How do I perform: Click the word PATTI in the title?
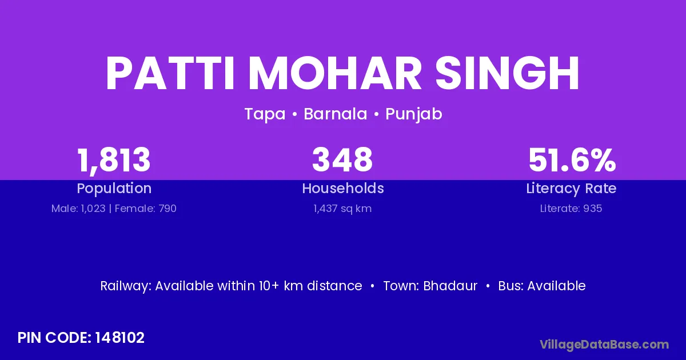tap(170, 74)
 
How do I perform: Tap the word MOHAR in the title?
tap(335, 74)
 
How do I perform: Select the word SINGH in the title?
tap(507, 74)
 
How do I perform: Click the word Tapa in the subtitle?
tap(265, 114)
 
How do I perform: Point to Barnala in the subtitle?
tap(336, 114)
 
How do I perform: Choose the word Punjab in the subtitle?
tap(414, 114)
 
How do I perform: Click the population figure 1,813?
tap(114, 161)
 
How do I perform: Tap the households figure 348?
tap(342, 159)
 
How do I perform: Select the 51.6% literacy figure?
tap(572, 160)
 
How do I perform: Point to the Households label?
tap(343, 188)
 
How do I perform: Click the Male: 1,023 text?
tap(78, 209)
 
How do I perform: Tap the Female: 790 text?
tap(145, 209)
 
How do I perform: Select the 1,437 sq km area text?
tap(342, 209)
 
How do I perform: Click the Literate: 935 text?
tap(571, 209)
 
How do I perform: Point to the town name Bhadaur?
tap(450, 286)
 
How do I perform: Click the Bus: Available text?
tap(542, 286)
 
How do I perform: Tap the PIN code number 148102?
tap(119, 338)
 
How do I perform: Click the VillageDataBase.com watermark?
tap(605, 345)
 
